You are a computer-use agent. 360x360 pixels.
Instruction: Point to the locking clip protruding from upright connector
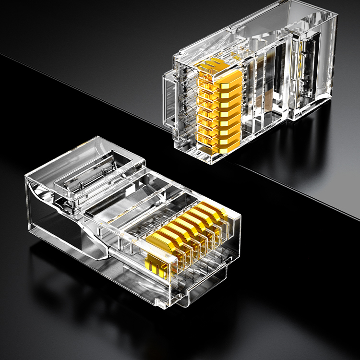coord(168,96)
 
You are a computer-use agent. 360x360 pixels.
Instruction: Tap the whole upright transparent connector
coord(250,82)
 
